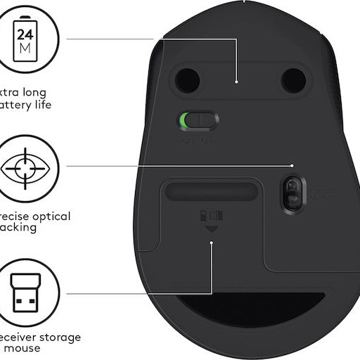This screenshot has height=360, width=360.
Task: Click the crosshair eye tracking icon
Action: (x=25, y=169)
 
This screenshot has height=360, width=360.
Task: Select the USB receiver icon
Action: (x=25, y=292)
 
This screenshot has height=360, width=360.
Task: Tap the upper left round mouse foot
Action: (x=188, y=80)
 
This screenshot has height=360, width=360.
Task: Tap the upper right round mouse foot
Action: (x=293, y=80)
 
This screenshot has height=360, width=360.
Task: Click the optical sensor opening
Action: (x=292, y=193)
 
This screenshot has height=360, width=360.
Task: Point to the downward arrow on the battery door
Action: (x=212, y=230)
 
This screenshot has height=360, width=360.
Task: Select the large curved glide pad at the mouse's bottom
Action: (x=250, y=309)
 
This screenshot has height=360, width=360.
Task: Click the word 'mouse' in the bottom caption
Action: (x=25, y=348)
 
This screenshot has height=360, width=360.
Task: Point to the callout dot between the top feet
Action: (x=237, y=82)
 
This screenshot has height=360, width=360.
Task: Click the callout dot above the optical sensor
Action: (x=292, y=166)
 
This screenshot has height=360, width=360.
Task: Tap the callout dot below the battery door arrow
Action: (x=212, y=243)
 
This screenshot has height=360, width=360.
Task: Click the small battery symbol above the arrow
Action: (x=212, y=215)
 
